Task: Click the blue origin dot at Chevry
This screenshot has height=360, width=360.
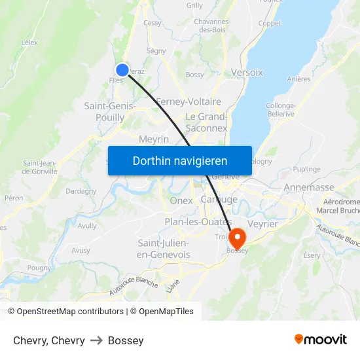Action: pos(122,70)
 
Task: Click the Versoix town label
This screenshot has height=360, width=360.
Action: pos(247,73)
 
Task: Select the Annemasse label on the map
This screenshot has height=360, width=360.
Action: pos(309,187)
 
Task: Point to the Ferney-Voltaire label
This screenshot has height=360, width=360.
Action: pos(189,101)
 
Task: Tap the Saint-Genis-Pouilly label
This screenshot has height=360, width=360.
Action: pos(109,111)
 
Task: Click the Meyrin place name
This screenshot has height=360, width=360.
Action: pos(154,139)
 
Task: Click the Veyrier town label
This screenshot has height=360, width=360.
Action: pos(264,223)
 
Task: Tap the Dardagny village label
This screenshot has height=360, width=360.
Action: pos(81,191)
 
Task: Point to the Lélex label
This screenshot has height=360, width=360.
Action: pos(29,42)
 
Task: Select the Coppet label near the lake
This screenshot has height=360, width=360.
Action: pos(270,24)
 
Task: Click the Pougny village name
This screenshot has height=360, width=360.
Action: pos(39,267)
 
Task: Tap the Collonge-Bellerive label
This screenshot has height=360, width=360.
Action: pos(280,109)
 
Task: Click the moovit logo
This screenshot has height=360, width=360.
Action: pos(320,339)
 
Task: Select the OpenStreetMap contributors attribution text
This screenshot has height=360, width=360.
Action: pos(70,312)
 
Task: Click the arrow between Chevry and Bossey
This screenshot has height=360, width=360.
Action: pos(96,340)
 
